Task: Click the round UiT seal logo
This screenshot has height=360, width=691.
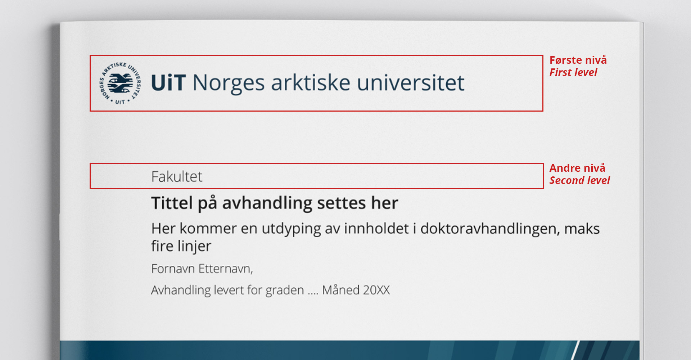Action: (x=120, y=83)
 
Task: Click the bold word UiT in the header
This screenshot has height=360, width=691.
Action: (x=168, y=83)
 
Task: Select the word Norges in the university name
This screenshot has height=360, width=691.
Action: (x=229, y=84)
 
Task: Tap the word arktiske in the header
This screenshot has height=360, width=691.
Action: (x=311, y=83)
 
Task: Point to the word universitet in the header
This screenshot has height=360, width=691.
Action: (x=411, y=83)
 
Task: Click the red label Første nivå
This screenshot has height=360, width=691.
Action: (x=578, y=60)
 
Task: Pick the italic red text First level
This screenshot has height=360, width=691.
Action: (x=573, y=72)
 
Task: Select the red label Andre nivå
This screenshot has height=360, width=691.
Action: (x=577, y=168)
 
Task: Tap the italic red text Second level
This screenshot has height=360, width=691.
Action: (x=580, y=180)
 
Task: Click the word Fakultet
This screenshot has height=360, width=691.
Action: (x=177, y=177)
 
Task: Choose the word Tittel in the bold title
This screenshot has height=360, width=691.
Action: (x=172, y=203)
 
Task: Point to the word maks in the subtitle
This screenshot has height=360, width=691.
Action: (x=582, y=229)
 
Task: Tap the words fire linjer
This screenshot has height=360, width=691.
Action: (x=181, y=247)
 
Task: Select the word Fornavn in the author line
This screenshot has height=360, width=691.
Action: (x=172, y=269)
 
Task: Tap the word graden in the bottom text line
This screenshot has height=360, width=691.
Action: (x=285, y=291)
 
